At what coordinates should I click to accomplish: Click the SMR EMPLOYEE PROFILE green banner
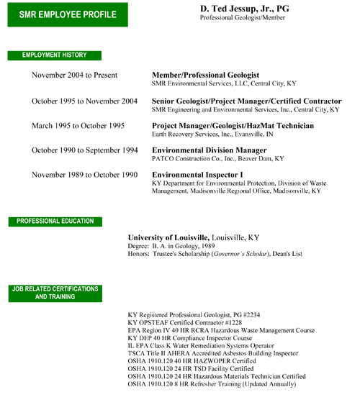tap(68, 14)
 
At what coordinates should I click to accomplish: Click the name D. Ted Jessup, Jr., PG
tap(244, 9)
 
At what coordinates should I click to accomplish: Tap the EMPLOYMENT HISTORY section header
tap(55, 55)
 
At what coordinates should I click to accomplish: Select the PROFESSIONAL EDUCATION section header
tap(55, 222)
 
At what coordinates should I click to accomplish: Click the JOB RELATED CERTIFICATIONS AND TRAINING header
tap(55, 293)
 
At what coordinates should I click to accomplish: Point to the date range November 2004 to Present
tap(75, 76)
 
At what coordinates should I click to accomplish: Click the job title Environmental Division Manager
tap(209, 150)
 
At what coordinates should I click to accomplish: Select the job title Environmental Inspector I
tap(197, 175)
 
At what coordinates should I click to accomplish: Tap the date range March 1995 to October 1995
tap(78, 126)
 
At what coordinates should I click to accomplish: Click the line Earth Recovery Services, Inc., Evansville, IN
tap(212, 134)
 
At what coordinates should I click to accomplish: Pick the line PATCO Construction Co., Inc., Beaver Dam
tap(217, 159)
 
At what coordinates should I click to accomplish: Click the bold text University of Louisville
tap(168, 237)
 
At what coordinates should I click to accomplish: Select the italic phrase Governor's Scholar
tap(240, 254)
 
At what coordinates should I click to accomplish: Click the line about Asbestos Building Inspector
tap(213, 353)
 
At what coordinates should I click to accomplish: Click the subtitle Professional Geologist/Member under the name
tap(243, 18)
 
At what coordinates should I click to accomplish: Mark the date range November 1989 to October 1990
tap(85, 175)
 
